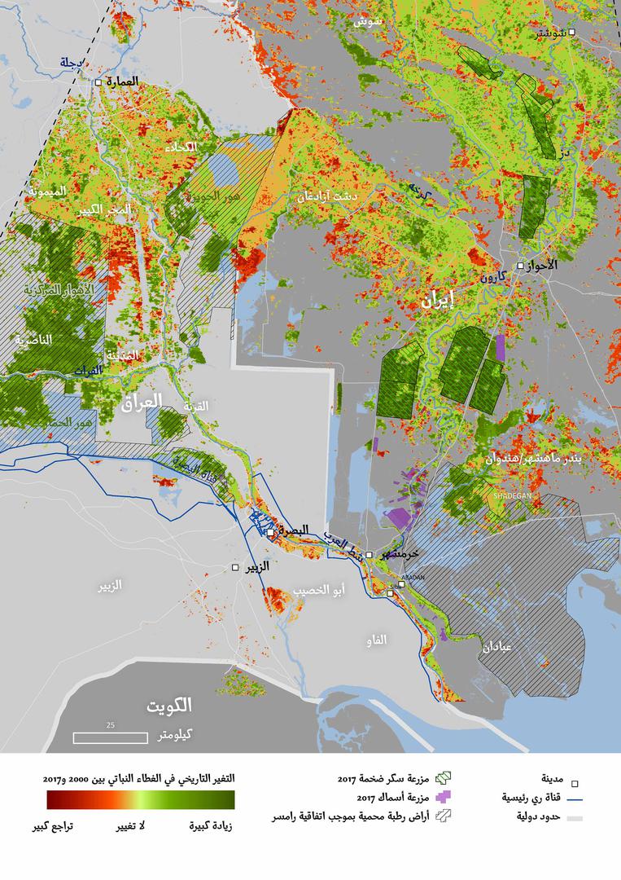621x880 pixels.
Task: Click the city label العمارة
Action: (x=123, y=82)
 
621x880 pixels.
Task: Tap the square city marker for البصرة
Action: (x=271, y=532)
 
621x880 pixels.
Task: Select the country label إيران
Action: (x=437, y=301)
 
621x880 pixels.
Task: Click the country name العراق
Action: (x=142, y=401)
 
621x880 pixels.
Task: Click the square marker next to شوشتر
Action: (x=572, y=33)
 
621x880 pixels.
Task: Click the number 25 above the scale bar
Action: (x=110, y=724)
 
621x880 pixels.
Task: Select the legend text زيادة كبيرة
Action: (x=211, y=826)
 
